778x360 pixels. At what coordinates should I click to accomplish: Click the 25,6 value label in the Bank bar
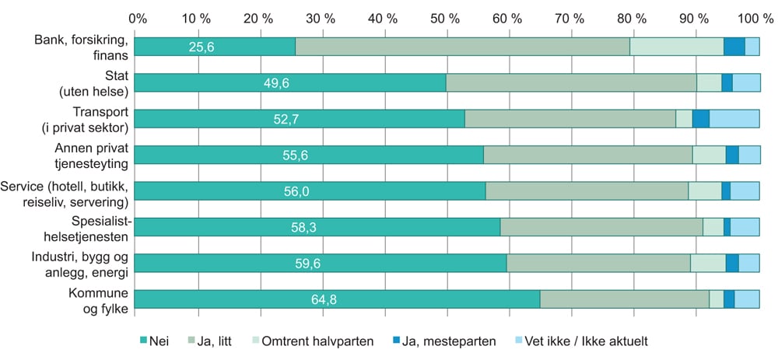pyautogui.click(x=201, y=47)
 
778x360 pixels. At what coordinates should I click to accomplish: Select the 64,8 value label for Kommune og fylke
pyautogui.click(x=324, y=299)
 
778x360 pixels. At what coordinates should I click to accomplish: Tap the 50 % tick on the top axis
pyautogui.click(x=446, y=17)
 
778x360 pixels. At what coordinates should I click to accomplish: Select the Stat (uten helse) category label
pyautogui.click(x=103, y=82)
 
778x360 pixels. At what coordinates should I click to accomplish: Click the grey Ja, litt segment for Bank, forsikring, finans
pyautogui.click(x=462, y=47)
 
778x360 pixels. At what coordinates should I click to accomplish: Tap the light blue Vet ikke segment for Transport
pyautogui.click(x=734, y=118)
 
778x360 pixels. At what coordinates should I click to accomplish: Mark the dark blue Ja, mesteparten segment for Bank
pyautogui.click(x=734, y=47)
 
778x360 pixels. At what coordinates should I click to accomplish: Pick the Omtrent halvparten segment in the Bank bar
pyautogui.click(x=676, y=47)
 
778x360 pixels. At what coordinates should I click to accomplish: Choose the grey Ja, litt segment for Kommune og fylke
pyautogui.click(x=624, y=299)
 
